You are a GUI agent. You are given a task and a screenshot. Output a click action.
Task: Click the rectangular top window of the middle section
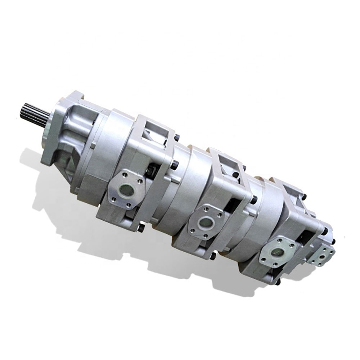pos(226,162)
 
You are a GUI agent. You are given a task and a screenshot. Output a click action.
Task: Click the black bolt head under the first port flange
pos(141,228)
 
